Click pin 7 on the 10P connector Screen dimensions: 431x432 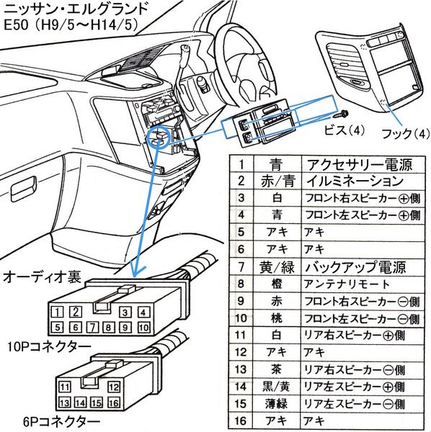click(93, 327)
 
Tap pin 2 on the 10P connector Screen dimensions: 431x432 click(75, 311)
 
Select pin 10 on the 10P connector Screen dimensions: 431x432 click(143, 328)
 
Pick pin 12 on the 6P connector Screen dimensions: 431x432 click(114, 387)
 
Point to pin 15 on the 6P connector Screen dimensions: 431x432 click(97, 402)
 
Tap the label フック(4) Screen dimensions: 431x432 click(405, 134)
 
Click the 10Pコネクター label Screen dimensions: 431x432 click(49, 346)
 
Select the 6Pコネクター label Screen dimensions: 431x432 click(61, 421)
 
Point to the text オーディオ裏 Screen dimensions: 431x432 click(42, 277)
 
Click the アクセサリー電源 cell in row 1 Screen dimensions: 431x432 click(360, 165)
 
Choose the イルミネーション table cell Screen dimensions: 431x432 click(355, 181)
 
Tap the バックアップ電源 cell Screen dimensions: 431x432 click(355, 267)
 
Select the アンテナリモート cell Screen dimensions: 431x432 click(347, 284)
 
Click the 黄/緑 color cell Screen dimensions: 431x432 click(277, 267)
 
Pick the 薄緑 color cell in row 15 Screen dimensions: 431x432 click(276, 404)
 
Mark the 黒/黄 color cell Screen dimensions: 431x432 click(276, 387)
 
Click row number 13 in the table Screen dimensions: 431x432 click(241, 369)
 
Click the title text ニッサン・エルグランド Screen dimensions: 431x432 click(76, 9)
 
